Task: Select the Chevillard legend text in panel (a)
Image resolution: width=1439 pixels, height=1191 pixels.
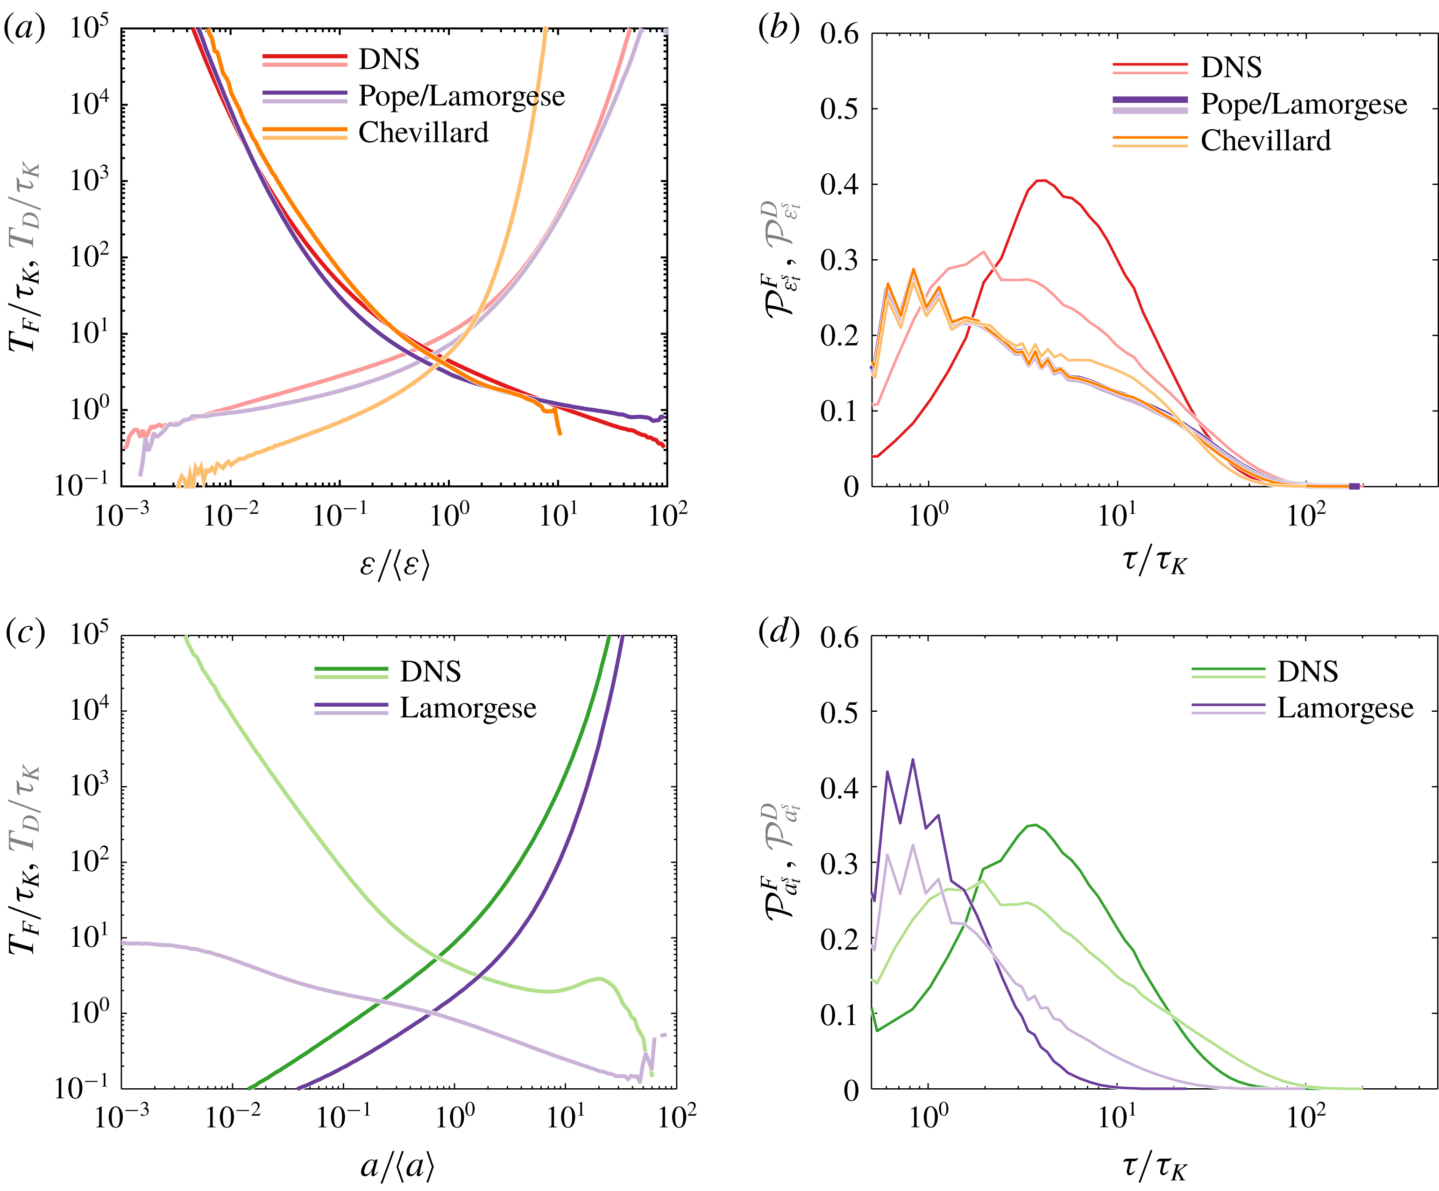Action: click(x=424, y=132)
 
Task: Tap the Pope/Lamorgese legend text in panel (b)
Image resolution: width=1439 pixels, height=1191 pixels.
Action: click(x=1304, y=104)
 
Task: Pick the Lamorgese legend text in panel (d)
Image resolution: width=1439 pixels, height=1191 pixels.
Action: click(x=1345, y=708)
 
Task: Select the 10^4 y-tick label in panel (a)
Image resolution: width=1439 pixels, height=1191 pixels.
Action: click(x=89, y=104)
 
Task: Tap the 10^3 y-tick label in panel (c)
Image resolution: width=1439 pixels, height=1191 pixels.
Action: click(x=89, y=786)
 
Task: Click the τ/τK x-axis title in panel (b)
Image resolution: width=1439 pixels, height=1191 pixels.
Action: click(x=1155, y=562)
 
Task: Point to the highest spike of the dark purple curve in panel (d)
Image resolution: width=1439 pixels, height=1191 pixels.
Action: click(x=913, y=759)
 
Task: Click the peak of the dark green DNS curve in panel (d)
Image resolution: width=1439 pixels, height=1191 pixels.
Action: click(x=1035, y=825)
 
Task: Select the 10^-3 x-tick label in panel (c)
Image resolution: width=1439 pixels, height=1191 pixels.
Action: click(x=121, y=1118)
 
